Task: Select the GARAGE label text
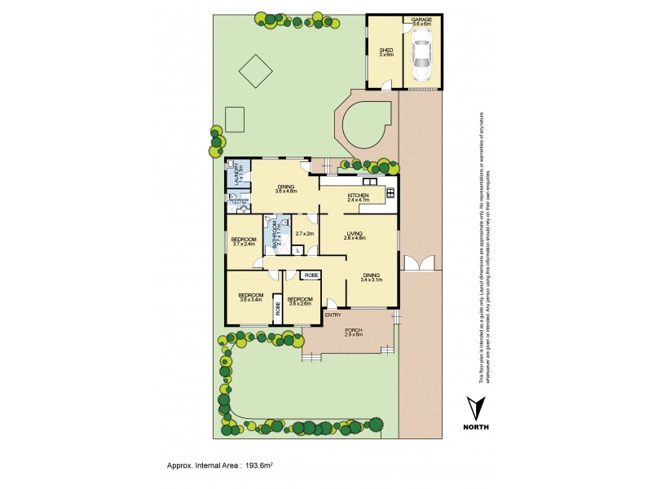coord(421,20)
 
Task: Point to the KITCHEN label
coord(359,196)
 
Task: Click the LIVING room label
coord(355,235)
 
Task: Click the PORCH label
coord(354,331)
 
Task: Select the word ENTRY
coord(333,315)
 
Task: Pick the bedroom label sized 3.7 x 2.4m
coord(244,240)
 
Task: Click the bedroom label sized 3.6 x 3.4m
coord(250,296)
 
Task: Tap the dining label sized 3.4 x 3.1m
coord(371,277)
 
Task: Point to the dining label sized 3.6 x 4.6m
coord(285,187)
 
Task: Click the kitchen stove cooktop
coord(390,193)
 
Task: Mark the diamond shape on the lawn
coord(256,71)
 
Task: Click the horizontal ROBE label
coord(311,276)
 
